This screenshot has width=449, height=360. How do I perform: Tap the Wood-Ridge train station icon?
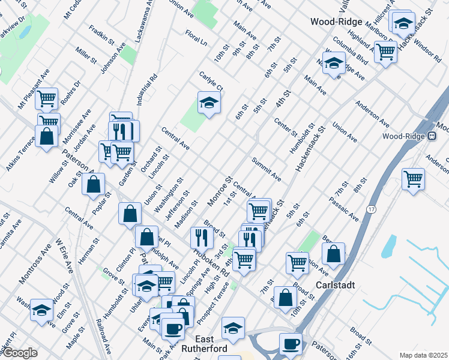pyautogui.click(x=432, y=136)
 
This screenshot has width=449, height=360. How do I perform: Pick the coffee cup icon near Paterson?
pyautogui.click(x=291, y=343)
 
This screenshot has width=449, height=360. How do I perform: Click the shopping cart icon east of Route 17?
pyautogui.click(x=412, y=178)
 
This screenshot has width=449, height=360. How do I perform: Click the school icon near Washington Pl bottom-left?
pyautogui.click(x=41, y=309)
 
